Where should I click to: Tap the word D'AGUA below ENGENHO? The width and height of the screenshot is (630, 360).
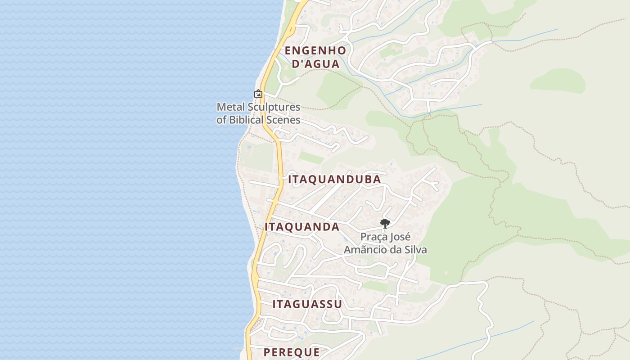315,64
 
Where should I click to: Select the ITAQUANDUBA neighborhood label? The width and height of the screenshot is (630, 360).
334,180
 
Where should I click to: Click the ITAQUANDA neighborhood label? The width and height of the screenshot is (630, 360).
302,227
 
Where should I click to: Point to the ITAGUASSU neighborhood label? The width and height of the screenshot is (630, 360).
307,304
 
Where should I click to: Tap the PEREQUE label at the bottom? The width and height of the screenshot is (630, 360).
292,352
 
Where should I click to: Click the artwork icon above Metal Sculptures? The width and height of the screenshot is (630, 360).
258,94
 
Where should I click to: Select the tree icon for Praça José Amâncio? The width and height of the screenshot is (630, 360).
385,223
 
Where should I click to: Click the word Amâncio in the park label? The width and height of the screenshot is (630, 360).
365,249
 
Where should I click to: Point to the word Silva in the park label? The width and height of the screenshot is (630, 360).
415,249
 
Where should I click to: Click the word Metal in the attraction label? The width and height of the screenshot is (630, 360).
229,107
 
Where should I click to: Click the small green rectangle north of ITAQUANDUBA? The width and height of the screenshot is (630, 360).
311,157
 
